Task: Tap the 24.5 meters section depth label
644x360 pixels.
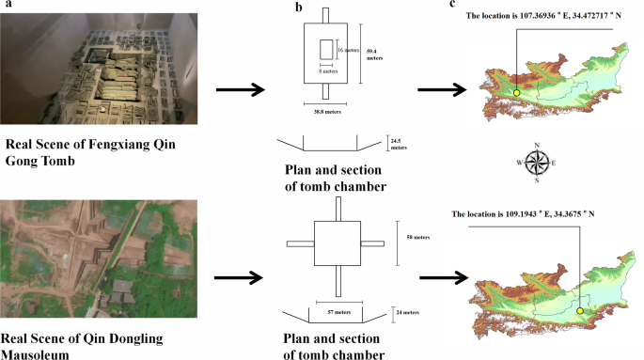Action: tap(398, 144)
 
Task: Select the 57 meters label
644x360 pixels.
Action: tap(323, 309)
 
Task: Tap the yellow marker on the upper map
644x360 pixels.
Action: tap(516, 92)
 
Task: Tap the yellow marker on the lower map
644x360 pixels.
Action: tap(580, 311)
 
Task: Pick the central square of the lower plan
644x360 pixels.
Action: tap(335, 243)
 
